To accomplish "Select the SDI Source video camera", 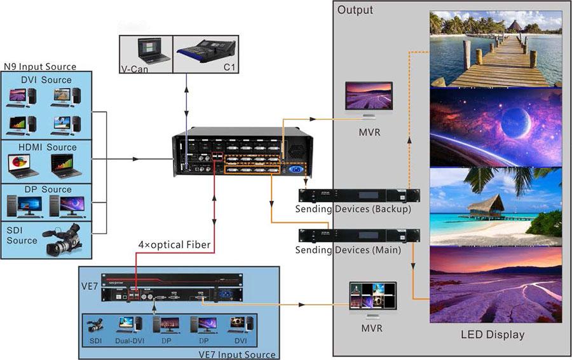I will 61,238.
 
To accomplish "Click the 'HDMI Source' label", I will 48,147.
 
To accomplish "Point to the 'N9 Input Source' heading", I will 40,66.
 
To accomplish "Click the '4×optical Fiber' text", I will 175,244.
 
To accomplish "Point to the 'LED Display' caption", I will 493,335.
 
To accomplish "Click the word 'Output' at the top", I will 355,10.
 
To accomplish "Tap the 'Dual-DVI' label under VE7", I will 129,341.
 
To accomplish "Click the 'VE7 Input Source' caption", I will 237,354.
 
